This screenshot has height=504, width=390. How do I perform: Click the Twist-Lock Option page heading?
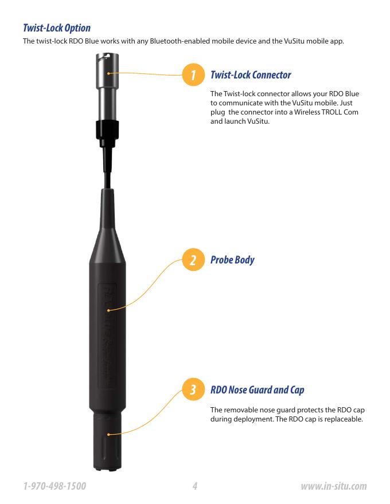click(57, 28)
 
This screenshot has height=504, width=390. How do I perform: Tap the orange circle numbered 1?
click(193, 74)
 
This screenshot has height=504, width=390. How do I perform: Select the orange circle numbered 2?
click(193, 259)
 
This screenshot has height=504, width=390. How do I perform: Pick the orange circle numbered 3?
click(193, 389)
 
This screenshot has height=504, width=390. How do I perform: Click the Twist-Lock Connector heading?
click(251, 75)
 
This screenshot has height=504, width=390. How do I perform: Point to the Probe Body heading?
click(232, 259)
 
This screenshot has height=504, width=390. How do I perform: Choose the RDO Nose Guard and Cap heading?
click(257, 390)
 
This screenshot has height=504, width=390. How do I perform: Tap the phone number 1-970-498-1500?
click(54, 486)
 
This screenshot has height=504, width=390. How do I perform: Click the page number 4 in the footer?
click(194, 486)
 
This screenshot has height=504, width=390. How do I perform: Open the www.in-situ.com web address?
click(334, 486)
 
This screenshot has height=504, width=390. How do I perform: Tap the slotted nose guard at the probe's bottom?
click(107, 442)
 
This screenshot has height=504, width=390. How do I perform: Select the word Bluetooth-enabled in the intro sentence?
click(180, 41)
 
